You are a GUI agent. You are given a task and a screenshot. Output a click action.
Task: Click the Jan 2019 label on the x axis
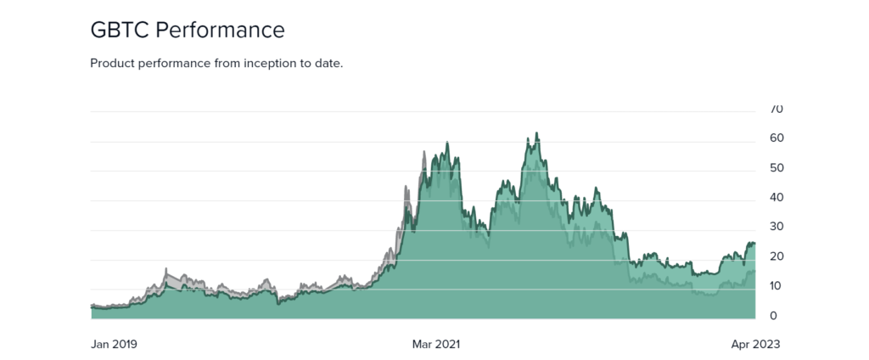114,345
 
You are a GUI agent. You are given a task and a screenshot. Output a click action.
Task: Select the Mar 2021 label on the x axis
436,345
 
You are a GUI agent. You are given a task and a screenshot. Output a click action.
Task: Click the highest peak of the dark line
536,133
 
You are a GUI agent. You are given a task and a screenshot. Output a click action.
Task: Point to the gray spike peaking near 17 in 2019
165,269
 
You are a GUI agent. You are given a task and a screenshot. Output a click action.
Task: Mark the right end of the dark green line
754,245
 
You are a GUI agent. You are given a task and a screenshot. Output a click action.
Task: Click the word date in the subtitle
327,64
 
